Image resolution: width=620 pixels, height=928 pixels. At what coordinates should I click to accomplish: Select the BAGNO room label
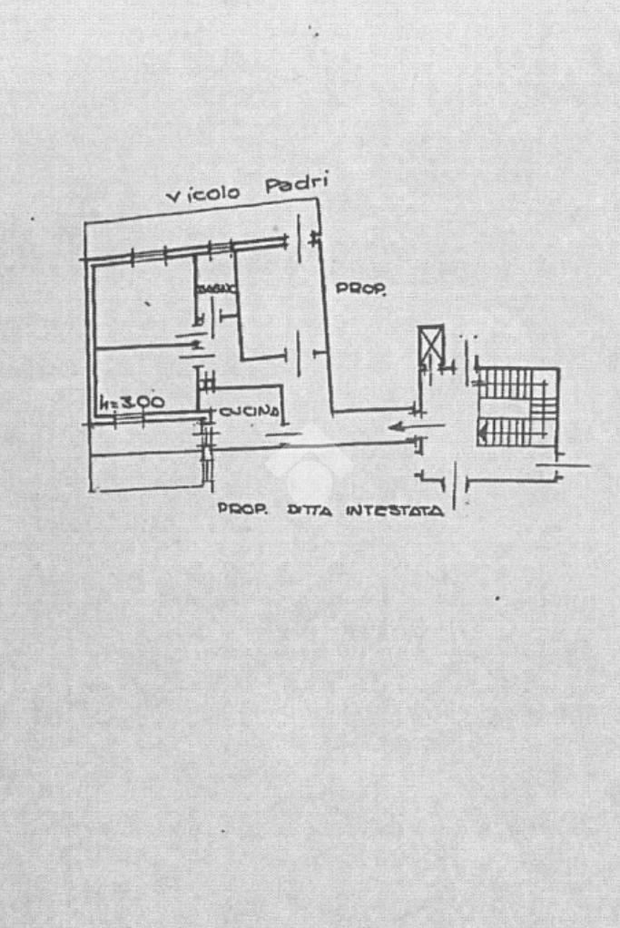[x=216, y=288]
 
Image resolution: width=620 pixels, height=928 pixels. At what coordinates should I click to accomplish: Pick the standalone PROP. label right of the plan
[x=361, y=289]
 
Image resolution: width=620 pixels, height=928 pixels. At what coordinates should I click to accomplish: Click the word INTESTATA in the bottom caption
[x=394, y=511]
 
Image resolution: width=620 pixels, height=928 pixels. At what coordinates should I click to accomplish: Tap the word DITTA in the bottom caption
[x=311, y=511]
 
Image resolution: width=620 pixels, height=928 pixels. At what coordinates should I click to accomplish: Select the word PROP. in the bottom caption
[x=242, y=510]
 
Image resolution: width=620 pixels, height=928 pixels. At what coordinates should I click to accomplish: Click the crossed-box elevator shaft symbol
[x=431, y=344]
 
